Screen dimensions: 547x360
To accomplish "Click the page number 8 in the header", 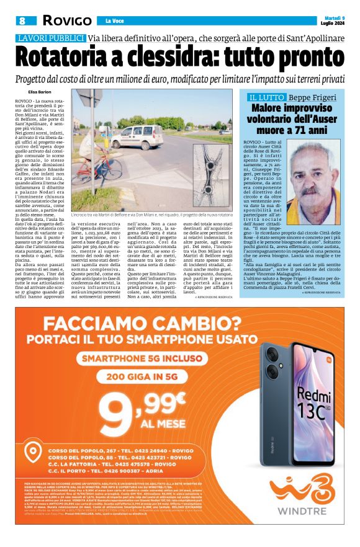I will (22, 20).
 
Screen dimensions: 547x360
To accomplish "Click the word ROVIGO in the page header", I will (66, 20).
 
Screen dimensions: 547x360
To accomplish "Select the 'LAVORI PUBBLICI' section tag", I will (51, 38).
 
